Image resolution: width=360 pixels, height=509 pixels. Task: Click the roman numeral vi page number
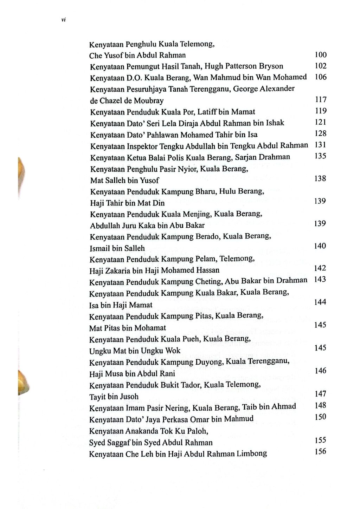coord(64,20)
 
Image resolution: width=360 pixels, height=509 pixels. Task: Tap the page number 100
coord(320,54)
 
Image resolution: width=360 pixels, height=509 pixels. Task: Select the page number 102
coord(320,66)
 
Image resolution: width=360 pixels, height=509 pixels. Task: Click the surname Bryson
coord(271,66)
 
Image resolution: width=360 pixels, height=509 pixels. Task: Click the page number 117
coord(320,100)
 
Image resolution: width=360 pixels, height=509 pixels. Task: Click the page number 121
coord(320,122)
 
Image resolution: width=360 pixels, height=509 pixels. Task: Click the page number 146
coord(320,371)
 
